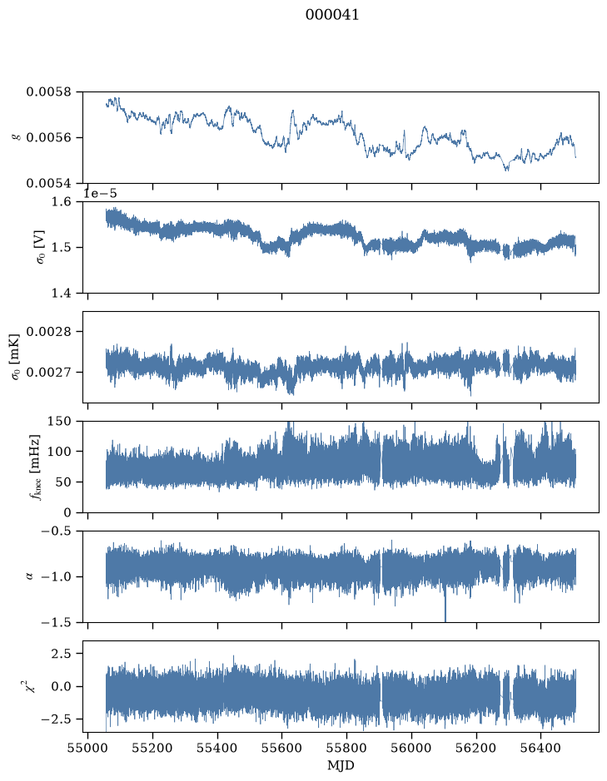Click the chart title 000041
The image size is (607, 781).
click(x=331, y=15)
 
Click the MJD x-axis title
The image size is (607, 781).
click(x=341, y=765)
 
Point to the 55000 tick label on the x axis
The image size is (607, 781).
click(x=87, y=748)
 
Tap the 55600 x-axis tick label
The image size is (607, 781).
click(x=281, y=748)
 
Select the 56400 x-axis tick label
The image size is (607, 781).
click(x=541, y=748)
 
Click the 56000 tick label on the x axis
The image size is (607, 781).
click(x=411, y=748)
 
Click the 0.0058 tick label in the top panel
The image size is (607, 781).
click(x=48, y=91)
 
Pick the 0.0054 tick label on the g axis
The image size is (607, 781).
click(x=48, y=183)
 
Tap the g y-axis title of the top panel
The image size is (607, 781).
click(x=17, y=137)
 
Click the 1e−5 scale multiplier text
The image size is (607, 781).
click(x=100, y=194)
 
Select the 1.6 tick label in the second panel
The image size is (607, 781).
click(x=62, y=202)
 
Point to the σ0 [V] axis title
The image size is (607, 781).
click(x=39, y=247)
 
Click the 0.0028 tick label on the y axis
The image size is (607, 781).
click(x=48, y=332)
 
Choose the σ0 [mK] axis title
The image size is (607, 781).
click(x=16, y=357)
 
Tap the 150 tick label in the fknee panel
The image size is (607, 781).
click(x=59, y=422)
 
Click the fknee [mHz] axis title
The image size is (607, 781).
click(x=35, y=467)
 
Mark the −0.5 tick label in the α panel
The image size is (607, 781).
click(x=57, y=531)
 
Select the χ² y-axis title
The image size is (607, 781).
click(x=31, y=686)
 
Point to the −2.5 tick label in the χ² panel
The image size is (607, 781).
click(x=57, y=719)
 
